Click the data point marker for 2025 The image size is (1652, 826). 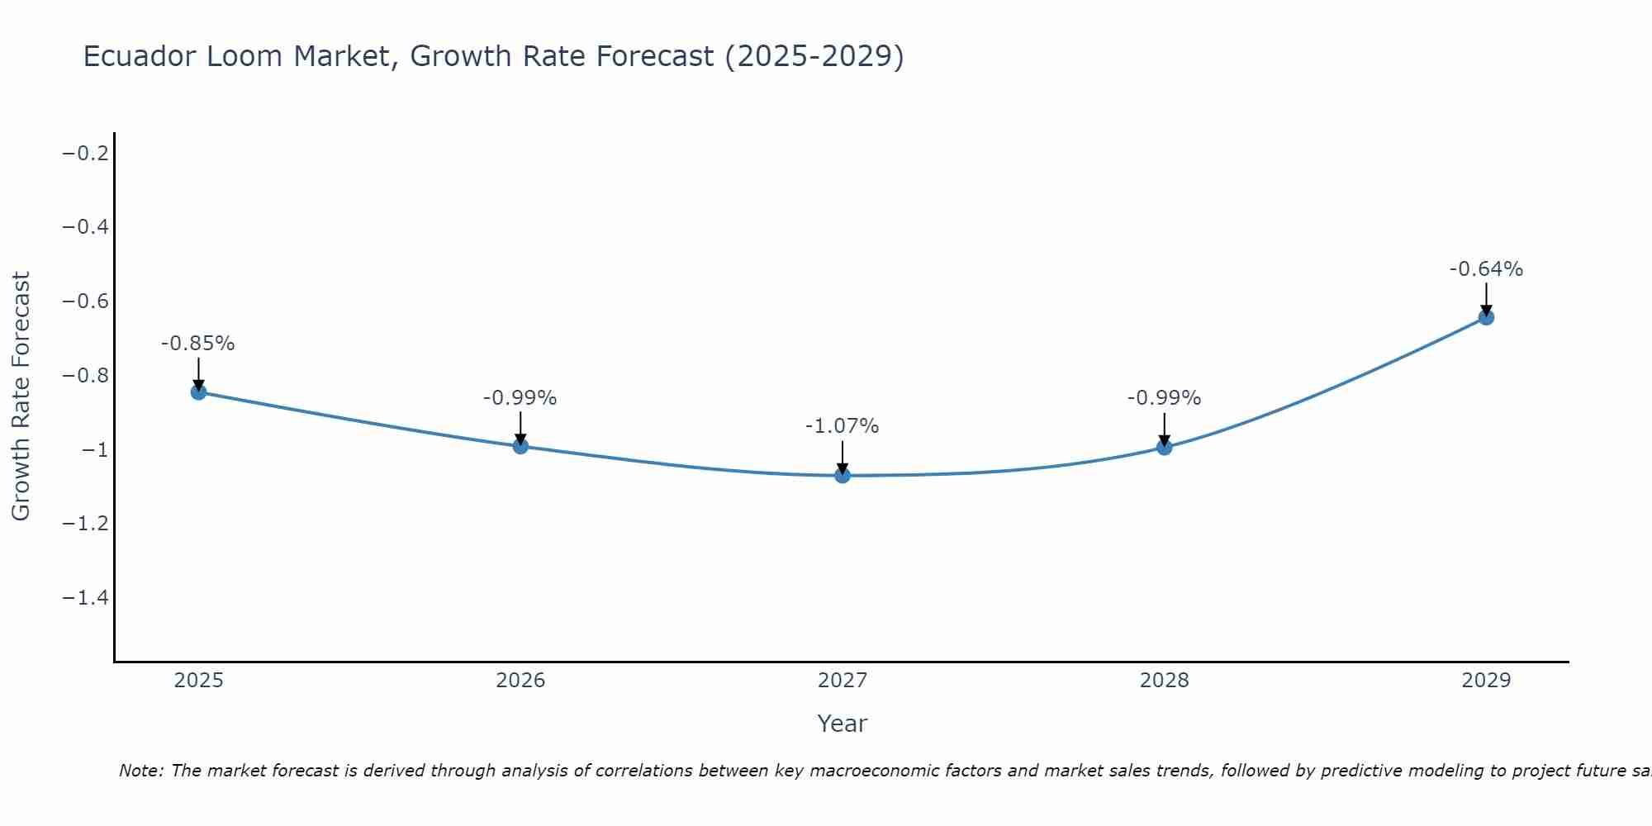[198, 392]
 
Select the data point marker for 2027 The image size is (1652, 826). [843, 475]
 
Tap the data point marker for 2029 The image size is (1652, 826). [1486, 317]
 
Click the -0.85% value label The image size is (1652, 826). [198, 344]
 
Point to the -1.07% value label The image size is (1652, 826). [843, 426]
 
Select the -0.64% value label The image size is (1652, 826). [1486, 269]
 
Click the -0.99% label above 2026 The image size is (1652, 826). [520, 398]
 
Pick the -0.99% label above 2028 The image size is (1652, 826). [1164, 398]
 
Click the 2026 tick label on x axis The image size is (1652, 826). [520, 681]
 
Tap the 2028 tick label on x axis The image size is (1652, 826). [1164, 681]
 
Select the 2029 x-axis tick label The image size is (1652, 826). [1486, 681]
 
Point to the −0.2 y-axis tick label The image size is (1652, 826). [86, 153]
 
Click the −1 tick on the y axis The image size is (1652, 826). [94, 449]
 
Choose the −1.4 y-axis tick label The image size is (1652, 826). [86, 597]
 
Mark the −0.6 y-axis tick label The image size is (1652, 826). [86, 301]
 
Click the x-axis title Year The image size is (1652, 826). [843, 724]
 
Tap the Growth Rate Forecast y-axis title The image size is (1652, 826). [21, 396]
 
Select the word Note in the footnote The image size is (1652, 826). [141, 771]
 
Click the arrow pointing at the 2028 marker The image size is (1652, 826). [1164, 430]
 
